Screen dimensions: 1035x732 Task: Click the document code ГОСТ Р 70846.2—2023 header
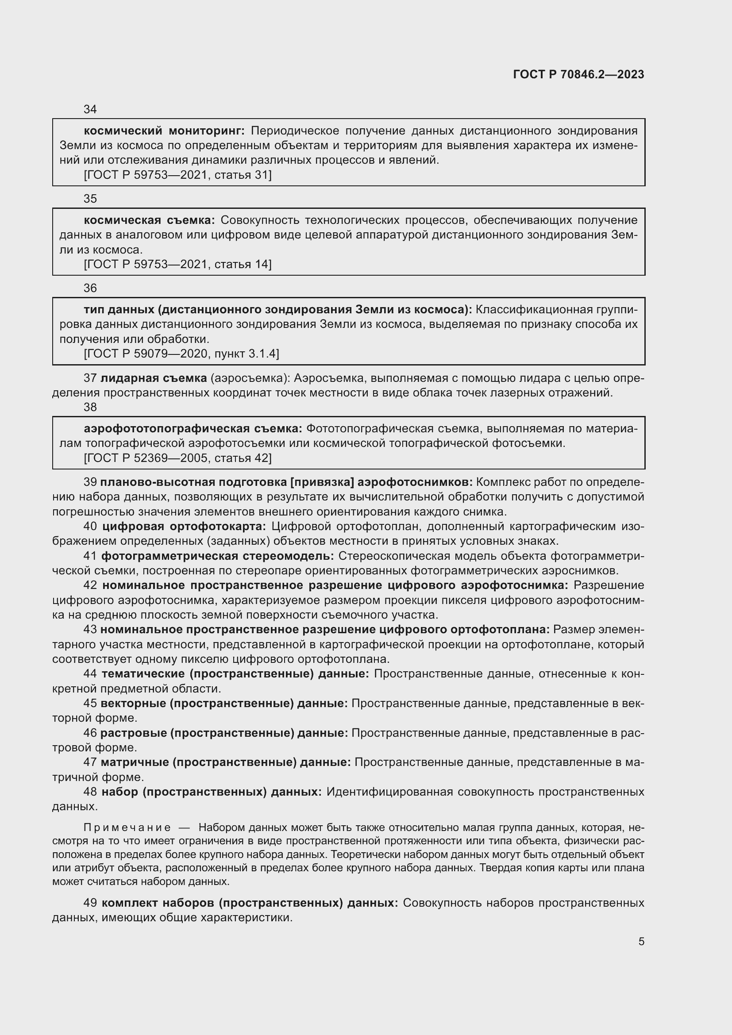pos(578,75)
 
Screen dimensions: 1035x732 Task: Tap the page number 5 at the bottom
pos(641,942)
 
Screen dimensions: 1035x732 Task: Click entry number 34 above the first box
pos(90,110)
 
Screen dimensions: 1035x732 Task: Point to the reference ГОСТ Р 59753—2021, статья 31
pos(177,175)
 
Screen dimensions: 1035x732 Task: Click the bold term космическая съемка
pos(149,220)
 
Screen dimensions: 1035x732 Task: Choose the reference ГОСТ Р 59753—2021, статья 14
pos(177,264)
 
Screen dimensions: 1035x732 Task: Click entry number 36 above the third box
pos(90,288)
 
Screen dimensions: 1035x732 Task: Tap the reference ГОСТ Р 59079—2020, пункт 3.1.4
pos(181,354)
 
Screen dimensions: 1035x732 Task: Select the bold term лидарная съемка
pos(153,378)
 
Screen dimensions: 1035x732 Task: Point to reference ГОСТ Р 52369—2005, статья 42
pos(177,458)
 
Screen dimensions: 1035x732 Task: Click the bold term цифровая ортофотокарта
pos(184,527)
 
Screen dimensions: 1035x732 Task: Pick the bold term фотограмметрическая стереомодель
pos(217,556)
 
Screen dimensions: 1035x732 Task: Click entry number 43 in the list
pos(90,629)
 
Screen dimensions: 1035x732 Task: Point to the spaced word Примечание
pos(127,827)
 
